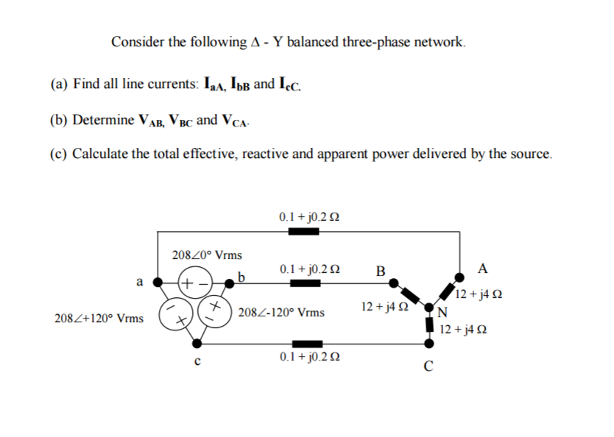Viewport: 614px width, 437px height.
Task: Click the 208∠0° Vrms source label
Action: [x=206, y=255]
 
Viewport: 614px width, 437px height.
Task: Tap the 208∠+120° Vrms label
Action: [x=99, y=319]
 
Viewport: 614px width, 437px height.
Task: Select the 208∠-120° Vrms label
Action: [x=282, y=313]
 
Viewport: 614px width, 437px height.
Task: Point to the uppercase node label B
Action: [x=380, y=270]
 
